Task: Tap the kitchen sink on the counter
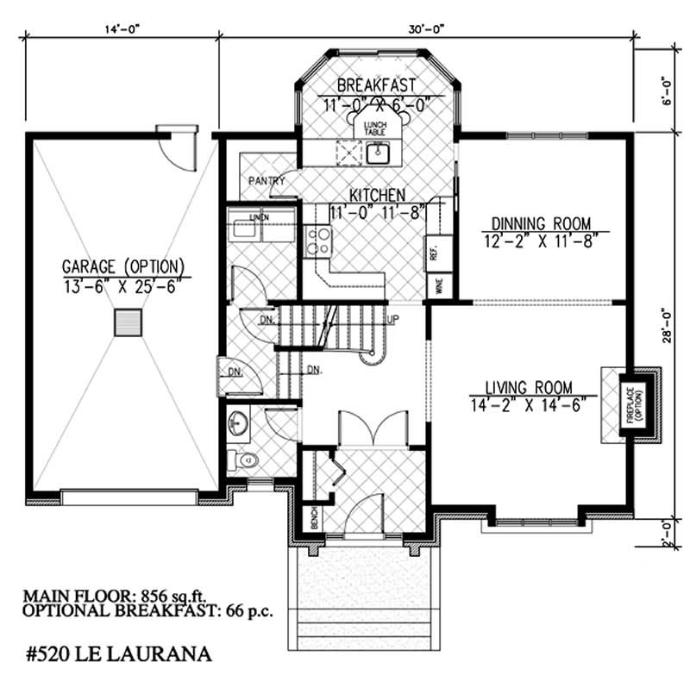pos(378,153)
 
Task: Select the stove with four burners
pos(318,239)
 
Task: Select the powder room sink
pos(238,424)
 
